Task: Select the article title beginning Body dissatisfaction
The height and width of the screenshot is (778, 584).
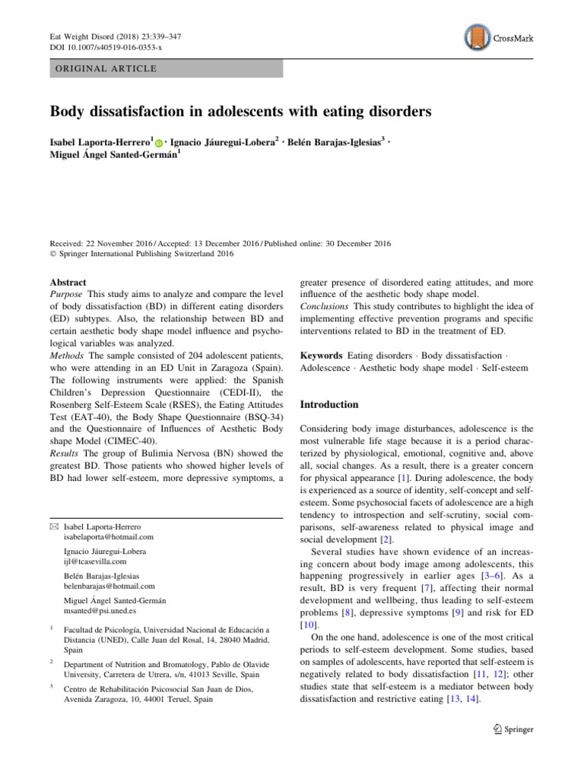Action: click(x=240, y=112)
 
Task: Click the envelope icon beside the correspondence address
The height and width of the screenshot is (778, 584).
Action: click(x=53, y=527)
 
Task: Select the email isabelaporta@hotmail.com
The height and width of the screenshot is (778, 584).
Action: click(x=109, y=536)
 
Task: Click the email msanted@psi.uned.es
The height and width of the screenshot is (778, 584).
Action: click(x=100, y=610)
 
